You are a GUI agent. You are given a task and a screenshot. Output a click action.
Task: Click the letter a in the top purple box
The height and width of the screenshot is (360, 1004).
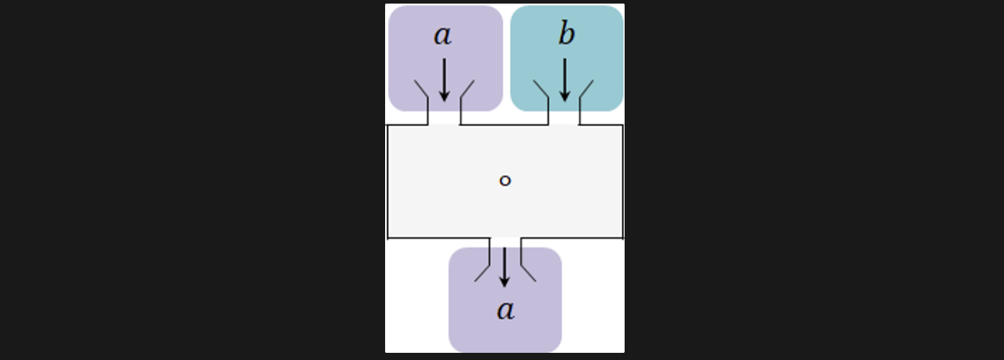442,36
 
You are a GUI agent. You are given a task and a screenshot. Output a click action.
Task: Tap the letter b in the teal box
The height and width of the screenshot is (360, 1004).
566,34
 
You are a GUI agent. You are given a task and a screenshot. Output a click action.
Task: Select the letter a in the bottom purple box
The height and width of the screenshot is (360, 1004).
506,311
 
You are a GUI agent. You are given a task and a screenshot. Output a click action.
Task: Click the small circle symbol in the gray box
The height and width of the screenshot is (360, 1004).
505,181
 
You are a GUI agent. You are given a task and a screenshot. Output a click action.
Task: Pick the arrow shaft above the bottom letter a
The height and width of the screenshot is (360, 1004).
504,261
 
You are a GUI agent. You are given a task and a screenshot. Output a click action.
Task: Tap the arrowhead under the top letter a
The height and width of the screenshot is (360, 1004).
444,95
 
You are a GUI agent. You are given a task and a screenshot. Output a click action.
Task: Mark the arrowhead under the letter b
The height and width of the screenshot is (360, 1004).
564,95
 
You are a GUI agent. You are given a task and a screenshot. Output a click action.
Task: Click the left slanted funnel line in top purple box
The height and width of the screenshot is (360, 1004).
421,89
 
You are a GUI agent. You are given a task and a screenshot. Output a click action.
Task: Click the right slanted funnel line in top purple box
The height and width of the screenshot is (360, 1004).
467,89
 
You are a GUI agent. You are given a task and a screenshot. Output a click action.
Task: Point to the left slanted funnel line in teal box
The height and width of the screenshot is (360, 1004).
541,89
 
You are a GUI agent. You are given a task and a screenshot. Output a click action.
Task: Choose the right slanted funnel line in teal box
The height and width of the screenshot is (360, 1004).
586,89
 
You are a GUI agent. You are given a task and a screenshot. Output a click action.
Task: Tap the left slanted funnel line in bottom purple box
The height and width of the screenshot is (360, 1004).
482,273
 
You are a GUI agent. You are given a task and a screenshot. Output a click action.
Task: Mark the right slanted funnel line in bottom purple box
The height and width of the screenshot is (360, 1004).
528,273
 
